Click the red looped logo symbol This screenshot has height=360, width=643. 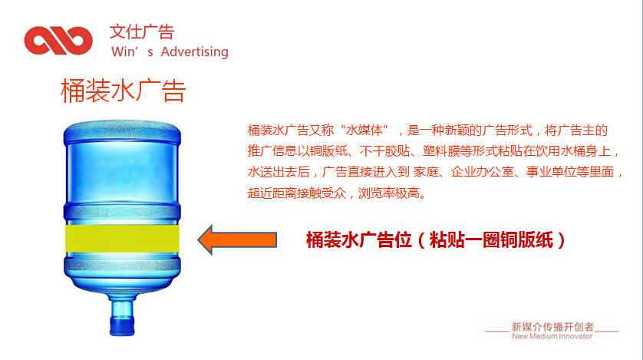[x=58, y=40]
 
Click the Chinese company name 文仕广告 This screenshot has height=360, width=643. [x=142, y=31]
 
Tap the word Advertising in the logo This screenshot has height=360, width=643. [x=194, y=52]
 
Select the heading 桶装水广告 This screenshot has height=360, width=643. [x=124, y=91]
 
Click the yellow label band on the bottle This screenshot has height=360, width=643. [x=122, y=238]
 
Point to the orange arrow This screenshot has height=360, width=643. [x=237, y=239]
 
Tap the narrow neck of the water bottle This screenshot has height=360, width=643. [x=122, y=309]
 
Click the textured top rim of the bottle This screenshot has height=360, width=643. [x=122, y=131]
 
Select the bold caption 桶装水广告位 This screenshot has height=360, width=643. [x=359, y=239]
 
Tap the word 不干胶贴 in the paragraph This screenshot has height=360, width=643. [x=384, y=151]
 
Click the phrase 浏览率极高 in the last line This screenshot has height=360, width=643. [x=389, y=193]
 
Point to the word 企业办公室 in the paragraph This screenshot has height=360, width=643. [x=482, y=172]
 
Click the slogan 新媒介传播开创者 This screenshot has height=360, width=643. [x=552, y=327]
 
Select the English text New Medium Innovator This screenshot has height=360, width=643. [x=552, y=336]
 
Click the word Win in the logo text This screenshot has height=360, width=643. [x=122, y=52]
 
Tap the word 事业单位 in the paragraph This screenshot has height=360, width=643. [x=551, y=172]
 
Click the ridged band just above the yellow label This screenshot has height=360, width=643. [x=122, y=213]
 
